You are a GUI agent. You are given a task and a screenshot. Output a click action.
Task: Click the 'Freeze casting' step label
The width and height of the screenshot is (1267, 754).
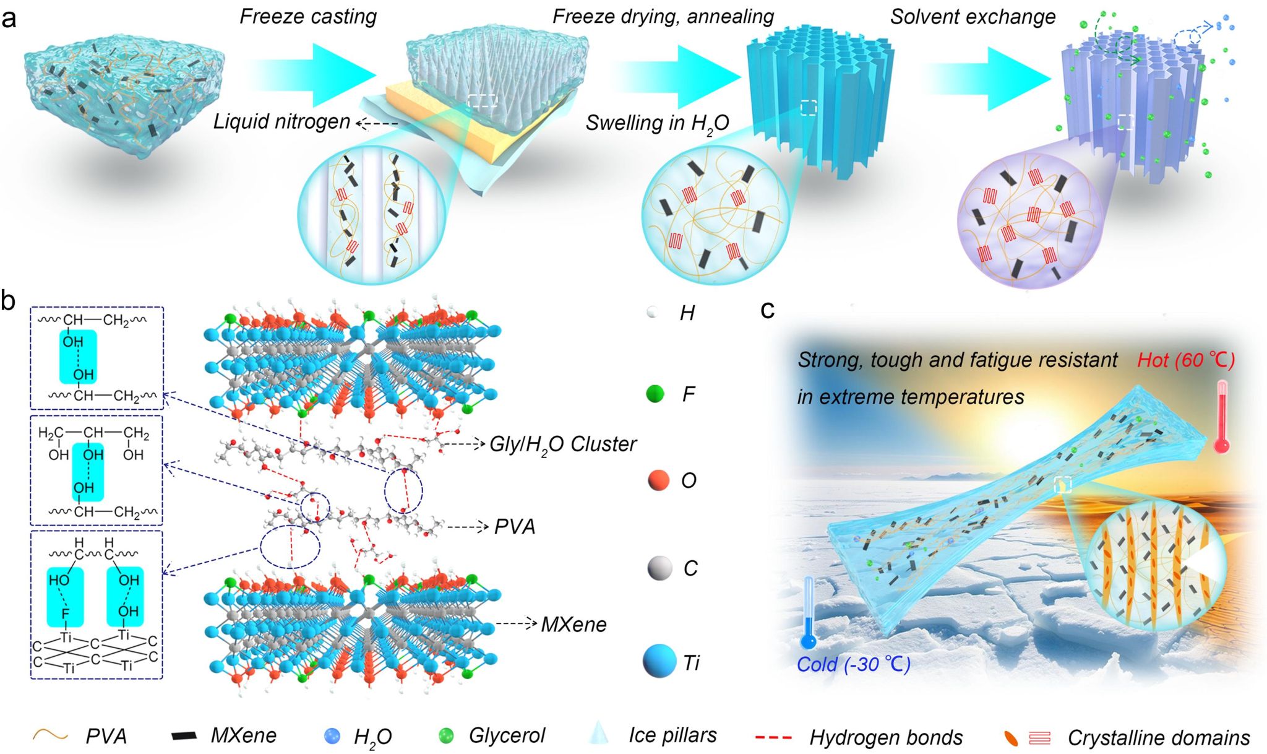click(x=308, y=16)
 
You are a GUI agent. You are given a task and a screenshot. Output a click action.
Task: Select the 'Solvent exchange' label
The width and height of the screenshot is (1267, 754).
click(x=973, y=17)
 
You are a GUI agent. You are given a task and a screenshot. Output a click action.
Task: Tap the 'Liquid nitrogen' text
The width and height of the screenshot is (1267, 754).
click(x=281, y=121)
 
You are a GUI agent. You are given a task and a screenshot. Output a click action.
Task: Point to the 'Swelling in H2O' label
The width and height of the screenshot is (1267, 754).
click(x=657, y=123)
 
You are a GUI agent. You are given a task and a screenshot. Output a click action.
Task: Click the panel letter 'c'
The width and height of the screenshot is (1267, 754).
click(x=767, y=309)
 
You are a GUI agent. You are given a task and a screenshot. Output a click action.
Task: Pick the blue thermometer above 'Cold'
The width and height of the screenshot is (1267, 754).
click(x=808, y=613)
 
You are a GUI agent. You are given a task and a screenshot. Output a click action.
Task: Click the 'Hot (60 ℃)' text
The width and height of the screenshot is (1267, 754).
click(x=1185, y=360)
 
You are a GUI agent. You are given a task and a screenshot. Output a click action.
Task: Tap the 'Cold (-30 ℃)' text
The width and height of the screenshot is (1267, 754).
click(x=853, y=664)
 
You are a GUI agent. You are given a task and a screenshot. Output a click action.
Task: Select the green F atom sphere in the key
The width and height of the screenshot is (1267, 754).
click(x=655, y=393)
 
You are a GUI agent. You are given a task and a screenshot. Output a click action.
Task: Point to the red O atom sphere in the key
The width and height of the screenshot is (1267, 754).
click(x=658, y=480)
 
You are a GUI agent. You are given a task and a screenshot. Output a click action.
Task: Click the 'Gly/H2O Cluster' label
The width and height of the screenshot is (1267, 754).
click(x=562, y=444)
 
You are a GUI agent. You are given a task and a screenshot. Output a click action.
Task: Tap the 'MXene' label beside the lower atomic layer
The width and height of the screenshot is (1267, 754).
click(x=573, y=625)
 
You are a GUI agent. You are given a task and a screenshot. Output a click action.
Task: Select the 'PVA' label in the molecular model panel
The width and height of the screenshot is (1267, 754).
click(x=515, y=527)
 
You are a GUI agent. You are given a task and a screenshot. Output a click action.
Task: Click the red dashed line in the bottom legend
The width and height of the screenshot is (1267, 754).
click(x=773, y=737)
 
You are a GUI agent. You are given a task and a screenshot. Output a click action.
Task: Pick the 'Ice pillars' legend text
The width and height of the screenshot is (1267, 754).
click(x=672, y=735)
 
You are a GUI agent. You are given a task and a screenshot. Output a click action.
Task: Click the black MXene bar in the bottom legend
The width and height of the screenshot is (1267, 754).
click(x=184, y=736)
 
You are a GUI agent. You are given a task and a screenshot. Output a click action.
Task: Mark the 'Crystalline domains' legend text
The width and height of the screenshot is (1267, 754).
click(x=1158, y=738)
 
